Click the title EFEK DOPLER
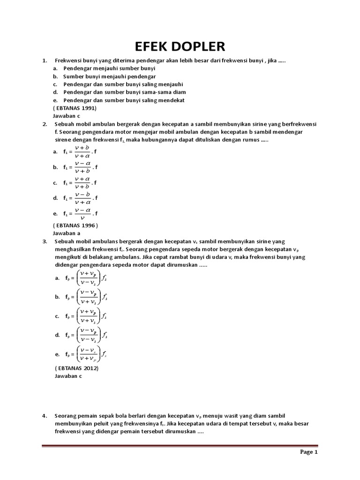(x=180, y=46)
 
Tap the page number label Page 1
(x=309, y=452)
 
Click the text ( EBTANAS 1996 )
(x=75, y=225)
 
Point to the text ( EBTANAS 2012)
(x=76, y=368)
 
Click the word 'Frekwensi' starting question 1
(x=68, y=61)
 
